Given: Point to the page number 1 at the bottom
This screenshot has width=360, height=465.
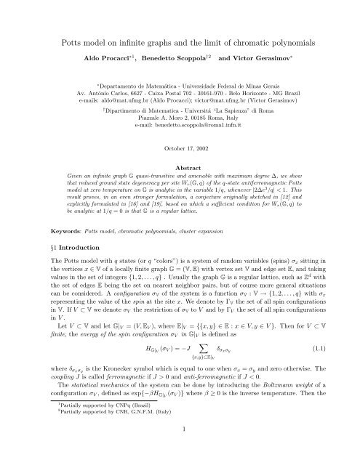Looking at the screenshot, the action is [x=180, y=450].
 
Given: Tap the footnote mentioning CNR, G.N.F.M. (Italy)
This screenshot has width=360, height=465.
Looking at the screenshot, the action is [x=95, y=436].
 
